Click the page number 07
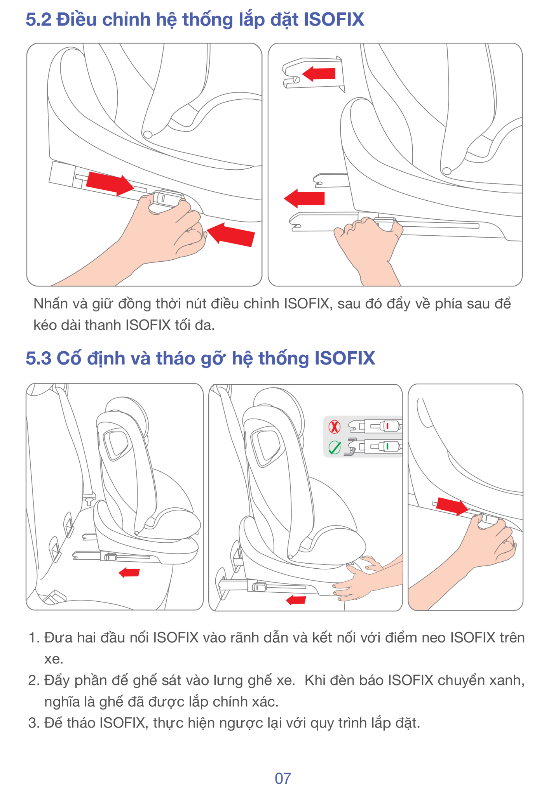click(x=282, y=778)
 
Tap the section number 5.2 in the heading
click(x=38, y=19)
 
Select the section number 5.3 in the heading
click(x=38, y=358)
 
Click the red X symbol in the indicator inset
click(x=335, y=427)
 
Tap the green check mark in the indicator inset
click(x=335, y=447)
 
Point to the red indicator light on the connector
click(x=387, y=426)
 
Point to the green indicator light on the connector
click(x=387, y=446)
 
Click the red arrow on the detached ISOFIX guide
click(x=319, y=73)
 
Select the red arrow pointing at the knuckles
click(x=230, y=234)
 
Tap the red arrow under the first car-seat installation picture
click(x=129, y=572)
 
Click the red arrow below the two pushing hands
click(x=296, y=600)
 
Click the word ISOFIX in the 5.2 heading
click(x=334, y=19)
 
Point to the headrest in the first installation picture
click(x=126, y=415)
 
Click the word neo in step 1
click(x=434, y=638)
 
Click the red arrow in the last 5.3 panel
click(x=452, y=506)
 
